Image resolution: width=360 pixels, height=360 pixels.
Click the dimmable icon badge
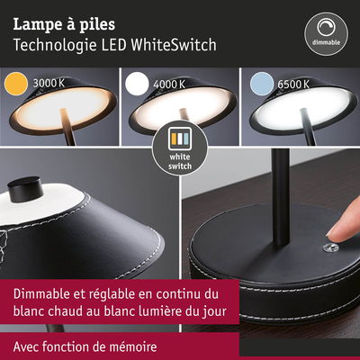(x=327, y=34)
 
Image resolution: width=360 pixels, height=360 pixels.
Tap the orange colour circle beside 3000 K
(x=16, y=84)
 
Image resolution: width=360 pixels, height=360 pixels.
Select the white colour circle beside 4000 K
(x=137, y=84)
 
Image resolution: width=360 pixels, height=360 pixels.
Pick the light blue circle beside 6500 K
(x=262, y=84)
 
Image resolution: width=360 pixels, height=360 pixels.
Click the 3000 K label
(x=49, y=83)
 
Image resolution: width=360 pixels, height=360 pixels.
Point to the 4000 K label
(x=169, y=85)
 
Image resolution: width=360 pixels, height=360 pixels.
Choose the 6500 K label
(x=293, y=85)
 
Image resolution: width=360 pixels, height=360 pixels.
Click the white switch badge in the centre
(x=180, y=149)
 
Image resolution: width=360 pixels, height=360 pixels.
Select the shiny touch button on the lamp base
(x=329, y=248)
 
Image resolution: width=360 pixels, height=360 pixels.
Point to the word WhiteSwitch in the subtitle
(x=174, y=45)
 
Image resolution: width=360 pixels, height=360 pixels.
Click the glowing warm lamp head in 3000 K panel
(x=64, y=107)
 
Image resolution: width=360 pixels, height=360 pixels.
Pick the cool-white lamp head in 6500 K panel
(x=303, y=107)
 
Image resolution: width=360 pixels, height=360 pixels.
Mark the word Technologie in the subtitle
(x=55, y=45)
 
